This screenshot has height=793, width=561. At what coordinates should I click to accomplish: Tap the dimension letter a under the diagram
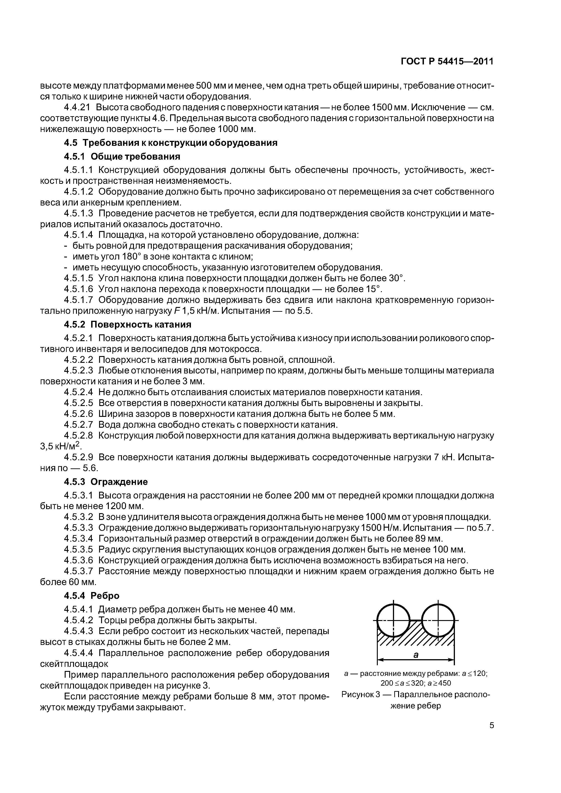click(416, 654)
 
